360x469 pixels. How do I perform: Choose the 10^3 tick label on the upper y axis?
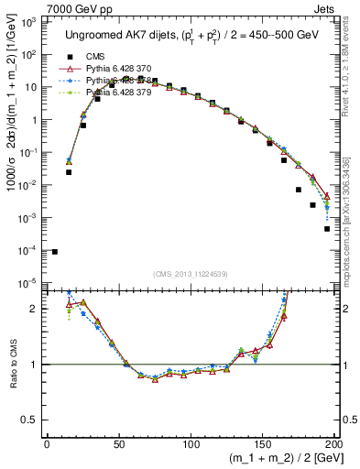tap(29, 21)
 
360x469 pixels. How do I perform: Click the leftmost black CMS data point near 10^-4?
tap(54, 251)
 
